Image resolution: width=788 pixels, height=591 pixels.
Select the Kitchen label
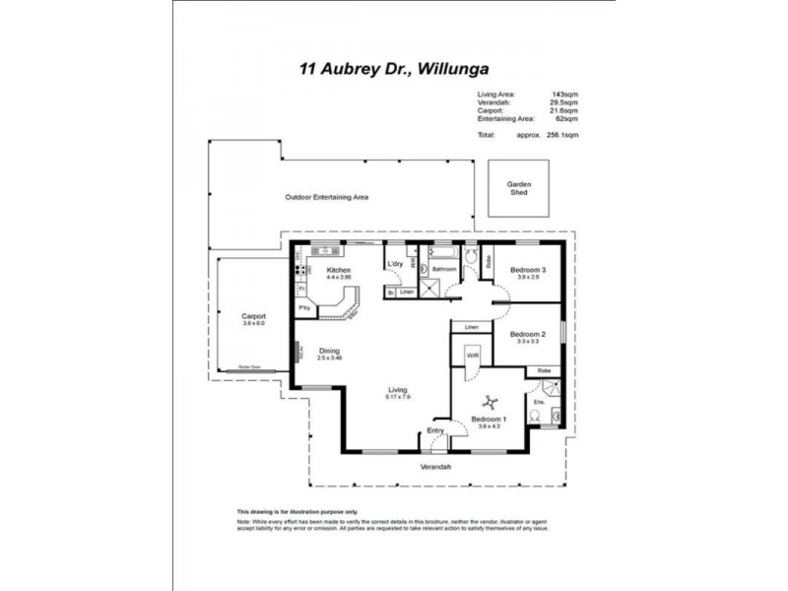(x=339, y=270)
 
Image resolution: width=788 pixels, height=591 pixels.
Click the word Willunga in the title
(x=452, y=69)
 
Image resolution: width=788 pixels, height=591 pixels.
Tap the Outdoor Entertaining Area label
(x=326, y=197)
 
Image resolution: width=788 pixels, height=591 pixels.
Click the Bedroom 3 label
(x=527, y=270)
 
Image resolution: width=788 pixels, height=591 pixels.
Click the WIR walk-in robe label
(x=472, y=354)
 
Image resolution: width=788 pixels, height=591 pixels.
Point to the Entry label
(x=435, y=429)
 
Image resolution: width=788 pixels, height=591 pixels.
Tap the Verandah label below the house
(x=435, y=466)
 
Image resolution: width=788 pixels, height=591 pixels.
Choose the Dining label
(x=328, y=351)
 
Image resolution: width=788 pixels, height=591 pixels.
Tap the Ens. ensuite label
(x=539, y=402)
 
